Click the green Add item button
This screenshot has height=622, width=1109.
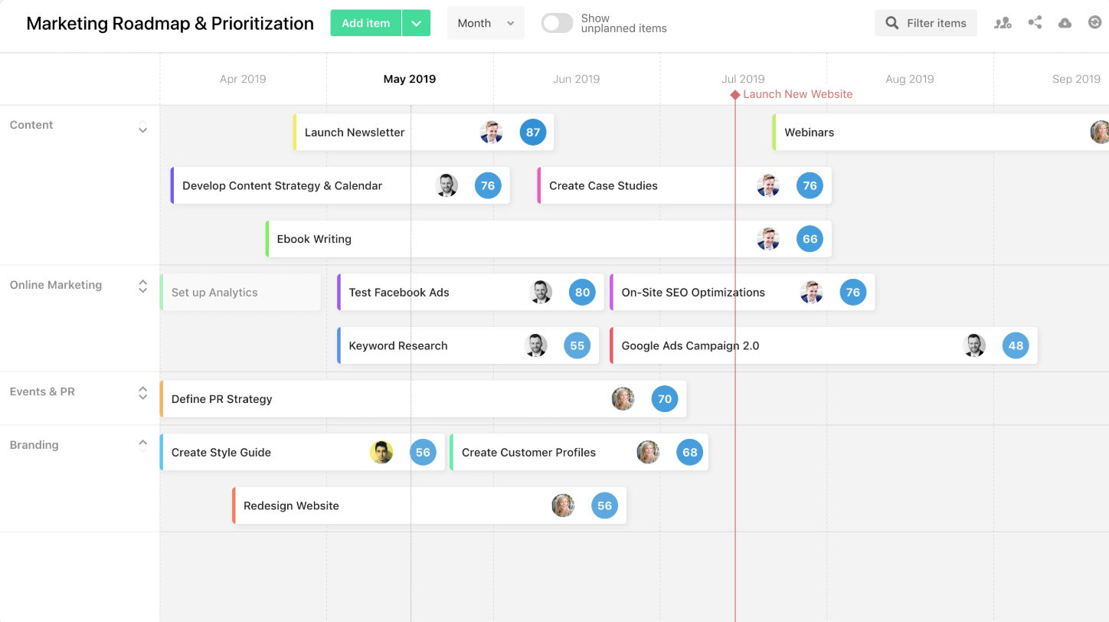[366, 23]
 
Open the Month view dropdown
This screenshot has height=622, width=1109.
[486, 23]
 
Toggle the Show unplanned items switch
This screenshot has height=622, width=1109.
[557, 23]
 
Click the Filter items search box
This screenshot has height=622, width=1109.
[926, 23]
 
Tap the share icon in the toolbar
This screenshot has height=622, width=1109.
[1035, 23]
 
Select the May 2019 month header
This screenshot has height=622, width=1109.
[410, 79]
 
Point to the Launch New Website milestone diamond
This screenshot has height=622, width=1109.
[735, 95]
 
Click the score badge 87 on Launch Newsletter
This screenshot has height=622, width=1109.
[533, 133]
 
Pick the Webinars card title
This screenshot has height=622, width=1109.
[809, 133]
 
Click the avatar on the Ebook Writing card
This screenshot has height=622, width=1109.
[768, 239]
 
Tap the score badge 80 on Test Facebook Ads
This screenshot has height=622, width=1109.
[582, 293]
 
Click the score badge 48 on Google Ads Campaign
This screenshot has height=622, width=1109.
[1016, 346]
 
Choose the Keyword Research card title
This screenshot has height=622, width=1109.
[397, 346]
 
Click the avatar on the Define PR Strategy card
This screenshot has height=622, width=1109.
[623, 399]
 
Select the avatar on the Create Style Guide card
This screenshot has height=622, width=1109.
[381, 453]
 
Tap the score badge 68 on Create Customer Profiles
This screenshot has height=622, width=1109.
[690, 453]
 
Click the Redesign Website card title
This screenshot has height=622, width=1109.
[291, 506]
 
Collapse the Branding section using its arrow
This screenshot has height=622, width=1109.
[142, 444]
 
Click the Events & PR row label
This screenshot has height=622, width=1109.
[42, 391]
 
